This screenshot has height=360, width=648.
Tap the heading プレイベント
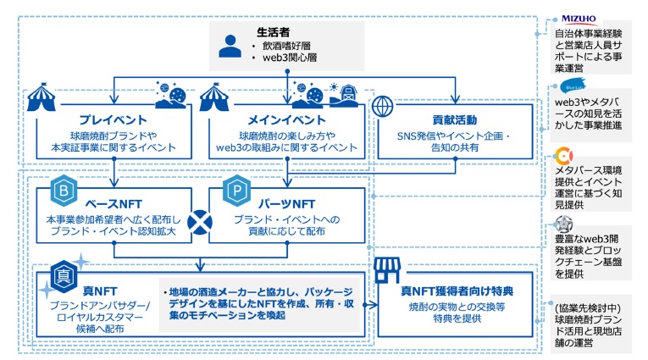(x=113, y=119)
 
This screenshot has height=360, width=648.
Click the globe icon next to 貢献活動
(x=384, y=107)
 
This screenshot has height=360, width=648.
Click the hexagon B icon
(x=64, y=191)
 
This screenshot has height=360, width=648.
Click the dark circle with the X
(x=200, y=223)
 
